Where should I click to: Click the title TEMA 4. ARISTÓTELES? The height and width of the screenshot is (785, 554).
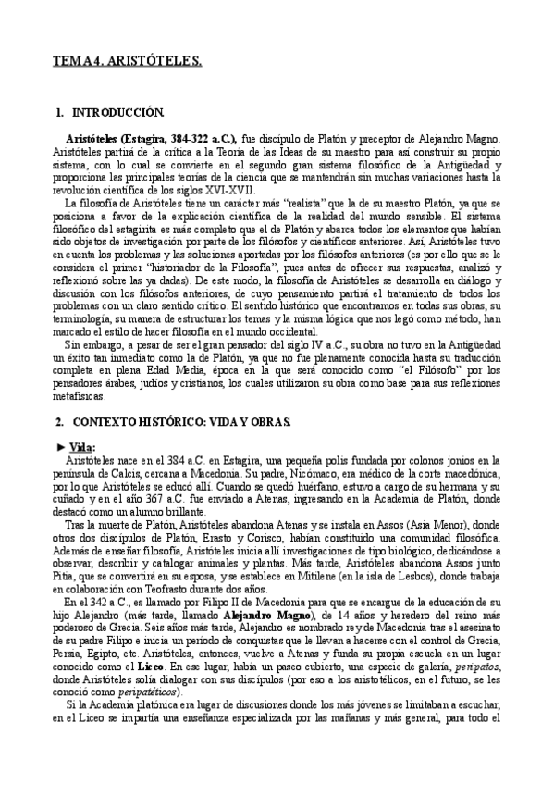[x=127, y=61]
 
